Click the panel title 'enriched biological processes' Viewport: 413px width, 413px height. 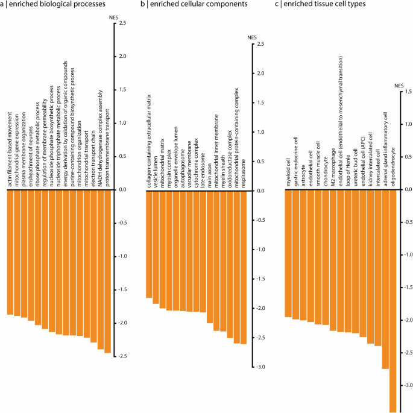[x=57, y=5]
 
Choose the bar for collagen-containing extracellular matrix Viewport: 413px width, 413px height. [x=149, y=244]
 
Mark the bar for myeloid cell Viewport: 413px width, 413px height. [x=288, y=253]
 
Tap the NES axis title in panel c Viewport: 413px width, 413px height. [x=398, y=86]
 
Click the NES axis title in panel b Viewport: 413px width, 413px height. [x=252, y=38]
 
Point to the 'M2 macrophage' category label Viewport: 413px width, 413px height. [x=333, y=167]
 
